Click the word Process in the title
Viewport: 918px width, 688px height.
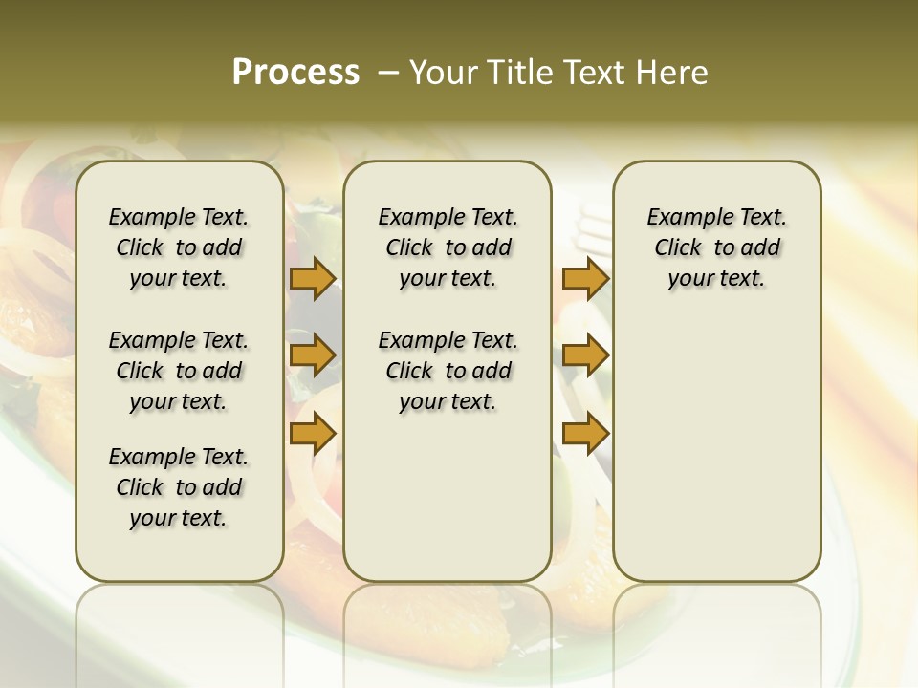(x=295, y=73)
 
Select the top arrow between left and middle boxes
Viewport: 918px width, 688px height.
(x=313, y=279)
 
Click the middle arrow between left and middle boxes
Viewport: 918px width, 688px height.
(x=313, y=356)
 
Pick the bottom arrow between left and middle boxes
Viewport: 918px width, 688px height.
(x=313, y=434)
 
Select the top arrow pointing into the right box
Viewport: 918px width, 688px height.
(x=585, y=279)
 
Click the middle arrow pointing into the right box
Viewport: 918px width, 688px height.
(x=585, y=356)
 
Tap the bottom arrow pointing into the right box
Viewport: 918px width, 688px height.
(x=585, y=434)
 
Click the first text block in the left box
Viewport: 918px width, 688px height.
(x=179, y=247)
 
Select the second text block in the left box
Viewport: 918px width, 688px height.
(x=179, y=371)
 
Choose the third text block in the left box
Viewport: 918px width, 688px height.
(x=179, y=487)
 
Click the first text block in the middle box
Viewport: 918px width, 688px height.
(x=448, y=247)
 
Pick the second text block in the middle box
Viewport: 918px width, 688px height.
(x=448, y=371)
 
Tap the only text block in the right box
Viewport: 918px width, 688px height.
(x=716, y=247)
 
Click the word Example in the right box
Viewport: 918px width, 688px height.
(x=681, y=218)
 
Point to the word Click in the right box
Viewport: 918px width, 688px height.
(x=677, y=248)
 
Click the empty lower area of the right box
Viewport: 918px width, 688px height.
(x=716, y=449)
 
